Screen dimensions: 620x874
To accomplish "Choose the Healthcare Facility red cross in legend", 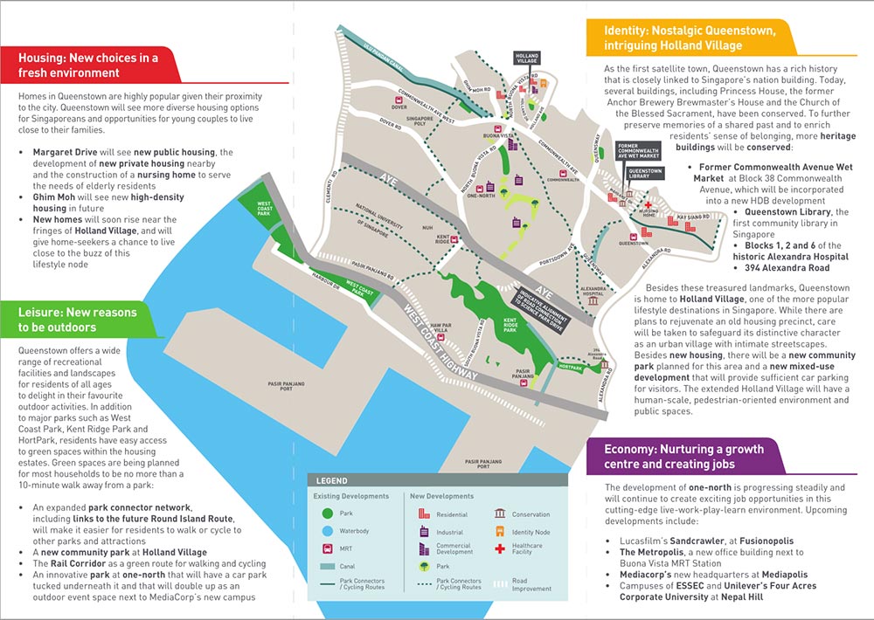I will click(501, 548).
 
